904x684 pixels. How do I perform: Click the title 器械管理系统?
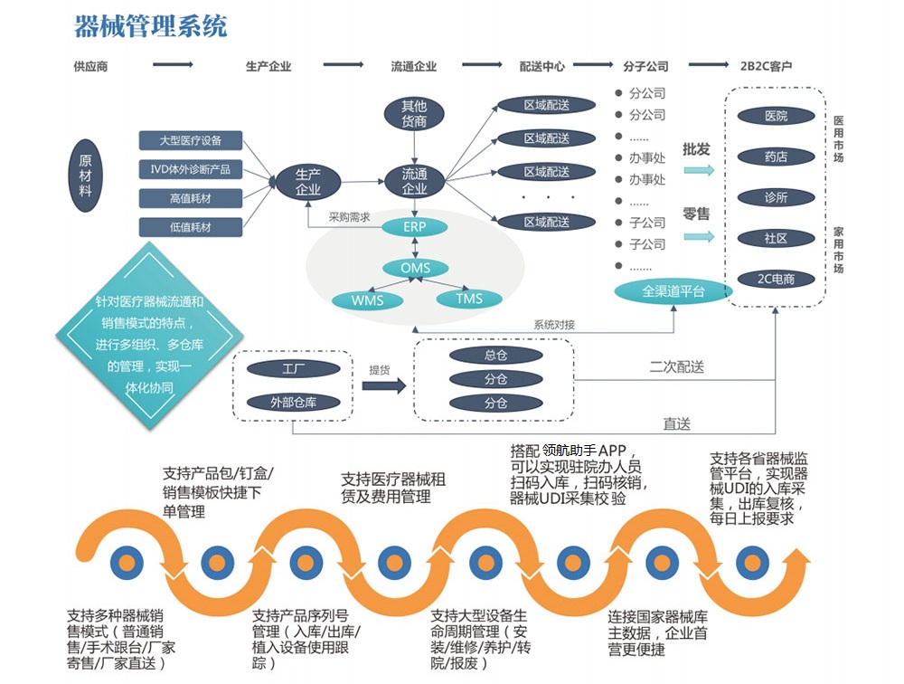[x=150, y=26]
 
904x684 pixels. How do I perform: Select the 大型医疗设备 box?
[x=191, y=140]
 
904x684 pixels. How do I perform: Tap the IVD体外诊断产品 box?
[x=191, y=169]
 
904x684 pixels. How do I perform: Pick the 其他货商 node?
[x=414, y=113]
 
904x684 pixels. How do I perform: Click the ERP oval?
[x=415, y=227]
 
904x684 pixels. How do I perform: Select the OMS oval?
[x=415, y=268]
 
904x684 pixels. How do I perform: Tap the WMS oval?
[x=366, y=299]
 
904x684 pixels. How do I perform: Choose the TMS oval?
[x=469, y=299]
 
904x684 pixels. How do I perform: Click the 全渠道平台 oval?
[x=673, y=291]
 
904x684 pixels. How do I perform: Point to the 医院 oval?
[x=776, y=117]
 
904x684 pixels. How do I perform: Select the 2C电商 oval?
[x=776, y=280]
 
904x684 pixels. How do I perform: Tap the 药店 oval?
[x=776, y=157]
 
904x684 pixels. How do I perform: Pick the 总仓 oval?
[x=494, y=356]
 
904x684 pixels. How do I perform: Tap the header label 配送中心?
[x=542, y=66]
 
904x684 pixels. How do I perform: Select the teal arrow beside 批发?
[x=698, y=170]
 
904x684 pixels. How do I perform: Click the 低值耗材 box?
[x=191, y=227]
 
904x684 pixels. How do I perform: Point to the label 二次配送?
[x=676, y=367]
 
